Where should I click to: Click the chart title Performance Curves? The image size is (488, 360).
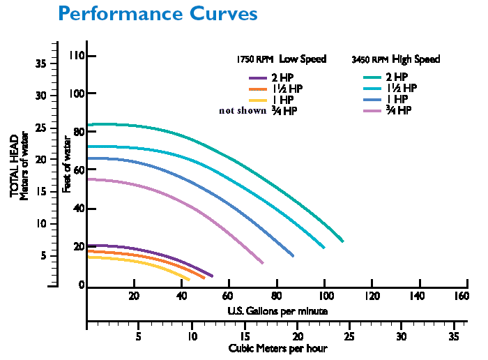(x=158, y=13)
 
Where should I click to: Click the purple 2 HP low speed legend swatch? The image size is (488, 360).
(x=257, y=77)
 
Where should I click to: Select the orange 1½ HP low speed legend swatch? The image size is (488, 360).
(x=257, y=89)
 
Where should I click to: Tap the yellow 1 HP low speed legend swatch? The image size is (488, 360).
(x=257, y=100)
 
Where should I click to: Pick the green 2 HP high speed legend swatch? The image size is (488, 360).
(x=372, y=77)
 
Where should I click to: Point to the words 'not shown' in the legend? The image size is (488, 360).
(x=243, y=110)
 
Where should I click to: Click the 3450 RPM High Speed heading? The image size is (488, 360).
(x=396, y=59)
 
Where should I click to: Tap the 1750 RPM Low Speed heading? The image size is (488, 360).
(x=282, y=59)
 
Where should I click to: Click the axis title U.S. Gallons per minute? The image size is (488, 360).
(x=277, y=310)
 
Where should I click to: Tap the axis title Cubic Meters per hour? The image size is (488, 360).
(x=277, y=347)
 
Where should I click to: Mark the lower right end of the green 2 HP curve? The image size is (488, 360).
(x=343, y=241)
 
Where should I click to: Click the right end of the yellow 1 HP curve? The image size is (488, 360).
(x=189, y=280)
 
